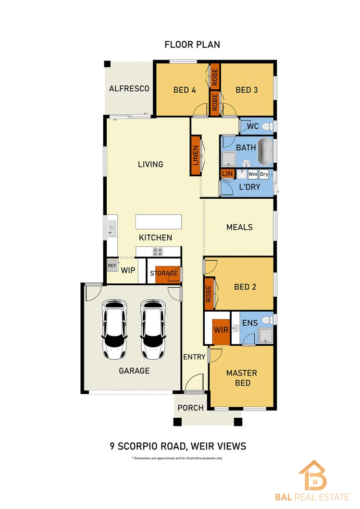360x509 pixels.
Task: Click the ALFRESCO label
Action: coord(129,89)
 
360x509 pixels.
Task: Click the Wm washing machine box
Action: coord(253,174)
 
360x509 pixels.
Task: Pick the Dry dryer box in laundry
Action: coord(264,174)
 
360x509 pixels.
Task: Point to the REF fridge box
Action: coord(112,266)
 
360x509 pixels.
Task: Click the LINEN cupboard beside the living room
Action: coord(196,155)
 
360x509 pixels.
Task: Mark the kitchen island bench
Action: coord(159,222)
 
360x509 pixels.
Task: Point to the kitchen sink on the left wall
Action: coord(112,229)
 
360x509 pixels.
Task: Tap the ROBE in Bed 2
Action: coord(209,293)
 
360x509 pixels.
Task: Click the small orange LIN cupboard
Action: coord(227,173)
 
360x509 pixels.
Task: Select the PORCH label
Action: coord(190,408)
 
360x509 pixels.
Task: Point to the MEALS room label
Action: coord(239,227)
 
